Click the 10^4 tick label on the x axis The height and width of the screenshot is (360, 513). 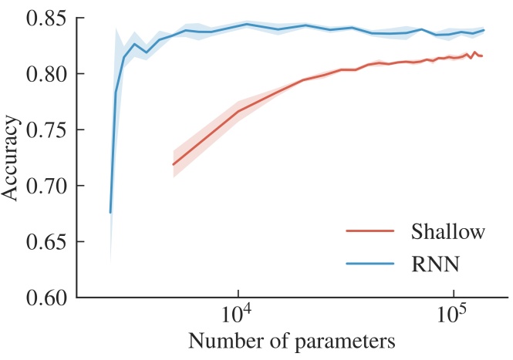238,316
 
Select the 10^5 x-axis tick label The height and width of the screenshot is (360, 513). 453,316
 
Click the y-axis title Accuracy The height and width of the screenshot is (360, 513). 11,157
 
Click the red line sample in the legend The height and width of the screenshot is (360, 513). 371,231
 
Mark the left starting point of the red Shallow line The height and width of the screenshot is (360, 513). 173,165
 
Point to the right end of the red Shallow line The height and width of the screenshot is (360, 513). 483,56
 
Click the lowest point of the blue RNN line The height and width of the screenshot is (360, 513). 110,212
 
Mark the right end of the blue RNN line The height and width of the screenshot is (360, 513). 484,30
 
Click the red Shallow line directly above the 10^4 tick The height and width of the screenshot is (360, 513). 238,111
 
